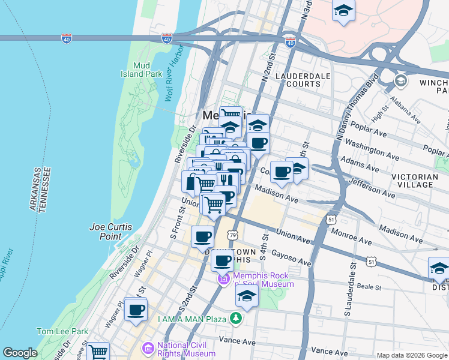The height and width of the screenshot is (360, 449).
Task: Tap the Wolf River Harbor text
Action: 174,84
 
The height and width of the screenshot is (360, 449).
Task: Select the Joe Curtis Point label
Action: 110,232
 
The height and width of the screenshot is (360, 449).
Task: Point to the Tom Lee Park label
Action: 62,331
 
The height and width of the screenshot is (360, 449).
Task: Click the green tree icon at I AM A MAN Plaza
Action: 238,319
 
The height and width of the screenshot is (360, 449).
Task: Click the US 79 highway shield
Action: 232,235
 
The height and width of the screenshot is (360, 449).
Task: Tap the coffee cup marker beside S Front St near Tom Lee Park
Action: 136,310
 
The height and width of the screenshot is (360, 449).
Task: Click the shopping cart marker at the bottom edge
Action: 98,352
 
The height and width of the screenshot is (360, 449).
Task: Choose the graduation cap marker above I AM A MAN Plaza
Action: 247,296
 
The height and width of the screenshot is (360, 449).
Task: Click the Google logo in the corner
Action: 20,353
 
